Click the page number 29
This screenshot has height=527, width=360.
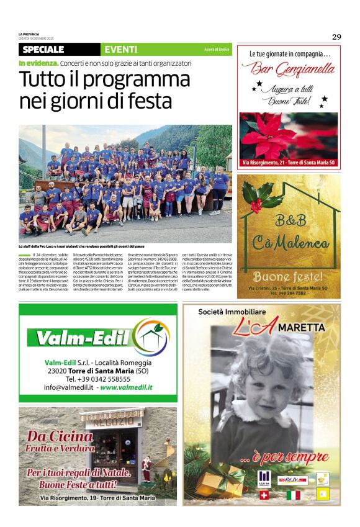pos(336,37)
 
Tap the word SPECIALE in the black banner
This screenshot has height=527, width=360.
pos(43,50)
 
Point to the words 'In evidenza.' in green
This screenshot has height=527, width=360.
pos(38,63)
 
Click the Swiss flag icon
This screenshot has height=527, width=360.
pos(263,495)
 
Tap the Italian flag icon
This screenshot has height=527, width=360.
pos(293,495)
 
